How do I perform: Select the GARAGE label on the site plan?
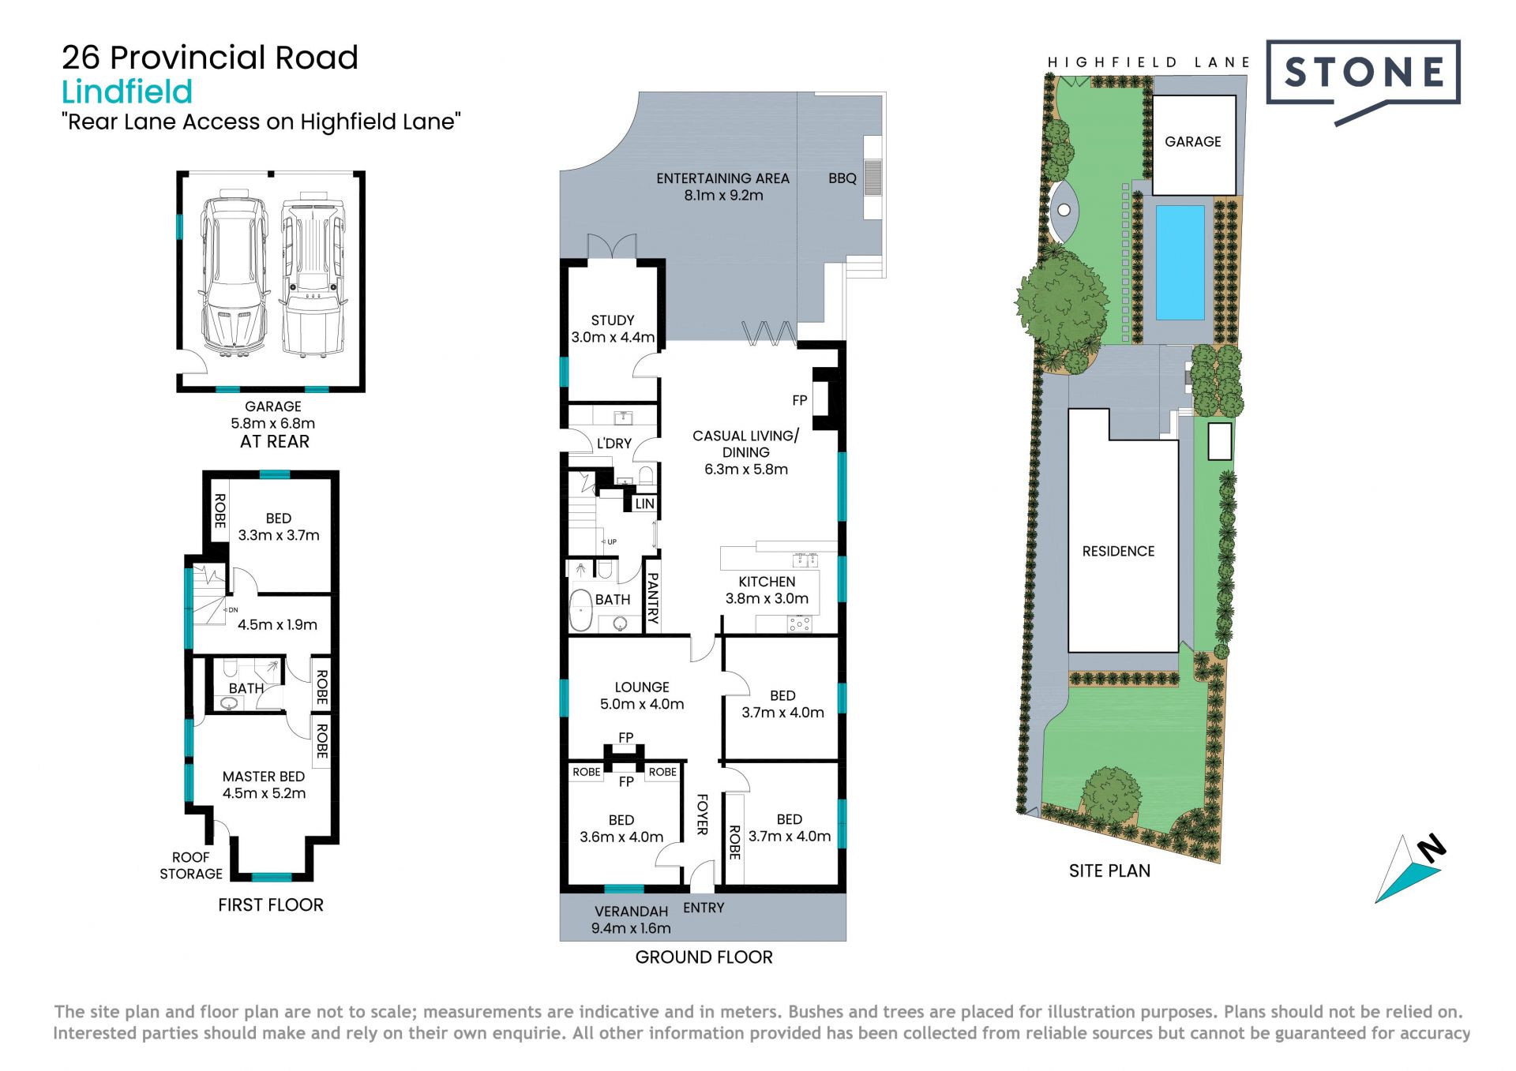pyautogui.click(x=1192, y=142)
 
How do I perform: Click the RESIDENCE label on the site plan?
pyautogui.click(x=1118, y=552)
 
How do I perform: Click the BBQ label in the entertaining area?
pyautogui.click(x=842, y=178)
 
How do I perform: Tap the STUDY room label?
pyautogui.click(x=613, y=320)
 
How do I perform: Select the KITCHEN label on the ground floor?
pyautogui.click(x=767, y=582)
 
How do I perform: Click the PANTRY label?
pyautogui.click(x=653, y=599)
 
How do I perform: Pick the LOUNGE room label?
pyautogui.click(x=642, y=687)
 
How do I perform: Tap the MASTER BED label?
pyautogui.click(x=264, y=777)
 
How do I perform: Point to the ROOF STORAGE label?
pyautogui.click(x=191, y=866)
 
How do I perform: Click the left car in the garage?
pyautogui.click(x=233, y=274)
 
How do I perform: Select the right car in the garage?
pyautogui.click(x=313, y=274)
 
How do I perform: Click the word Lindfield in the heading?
pyautogui.click(x=127, y=92)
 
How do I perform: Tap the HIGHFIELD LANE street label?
pyautogui.click(x=1149, y=62)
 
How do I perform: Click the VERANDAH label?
pyautogui.click(x=632, y=912)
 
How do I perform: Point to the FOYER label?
pyautogui.click(x=702, y=814)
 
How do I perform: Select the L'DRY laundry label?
pyautogui.click(x=614, y=444)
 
